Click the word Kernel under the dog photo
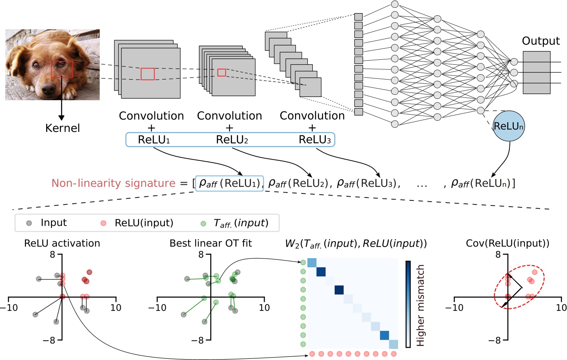tap(62, 128)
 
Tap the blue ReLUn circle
tap(508, 126)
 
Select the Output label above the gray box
tap(541, 41)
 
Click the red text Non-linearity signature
tap(113, 184)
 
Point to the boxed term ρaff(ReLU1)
tap(230, 184)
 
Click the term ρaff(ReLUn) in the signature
tap(483, 184)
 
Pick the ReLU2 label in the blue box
tap(232, 140)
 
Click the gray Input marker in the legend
tap(29, 223)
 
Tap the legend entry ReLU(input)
tap(144, 223)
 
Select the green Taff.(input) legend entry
tap(241, 223)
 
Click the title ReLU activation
tap(62, 243)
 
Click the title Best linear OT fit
tap(211, 243)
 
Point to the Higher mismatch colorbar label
tap(420, 305)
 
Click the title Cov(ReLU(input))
tap(507, 243)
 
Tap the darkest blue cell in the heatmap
tap(339, 290)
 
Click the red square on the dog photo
tap(62, 69)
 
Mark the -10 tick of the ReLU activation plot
tap(12, 308)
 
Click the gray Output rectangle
tap(536, 73)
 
